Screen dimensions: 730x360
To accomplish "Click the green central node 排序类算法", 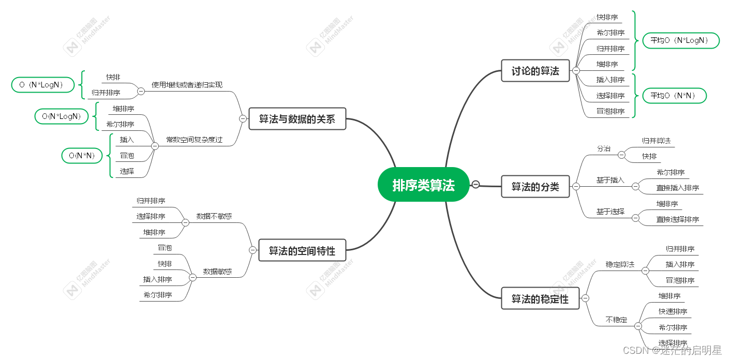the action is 423,185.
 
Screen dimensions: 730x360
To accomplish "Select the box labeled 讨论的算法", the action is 535,71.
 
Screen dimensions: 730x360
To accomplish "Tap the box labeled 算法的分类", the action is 535,186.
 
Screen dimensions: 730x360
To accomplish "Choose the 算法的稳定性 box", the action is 540,298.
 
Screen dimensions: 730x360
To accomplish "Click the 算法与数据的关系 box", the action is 296,118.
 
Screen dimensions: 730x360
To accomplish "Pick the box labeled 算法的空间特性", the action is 302,250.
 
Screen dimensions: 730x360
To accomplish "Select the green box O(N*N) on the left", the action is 82,155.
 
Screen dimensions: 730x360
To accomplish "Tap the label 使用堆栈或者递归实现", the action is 187,84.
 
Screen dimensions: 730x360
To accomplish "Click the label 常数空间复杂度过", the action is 194,140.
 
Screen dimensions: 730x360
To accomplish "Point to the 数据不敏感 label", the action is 214,216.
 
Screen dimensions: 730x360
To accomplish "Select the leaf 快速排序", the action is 673,311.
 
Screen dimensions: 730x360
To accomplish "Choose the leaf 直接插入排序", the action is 677,188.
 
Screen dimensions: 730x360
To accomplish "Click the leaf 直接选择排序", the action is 677,219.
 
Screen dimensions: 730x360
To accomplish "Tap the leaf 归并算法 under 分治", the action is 656,140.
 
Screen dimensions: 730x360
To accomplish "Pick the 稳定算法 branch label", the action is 620,264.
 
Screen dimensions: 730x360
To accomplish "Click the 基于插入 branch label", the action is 610,180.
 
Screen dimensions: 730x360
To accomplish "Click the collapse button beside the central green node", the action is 475,184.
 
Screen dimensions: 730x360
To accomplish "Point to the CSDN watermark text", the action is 672,350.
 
